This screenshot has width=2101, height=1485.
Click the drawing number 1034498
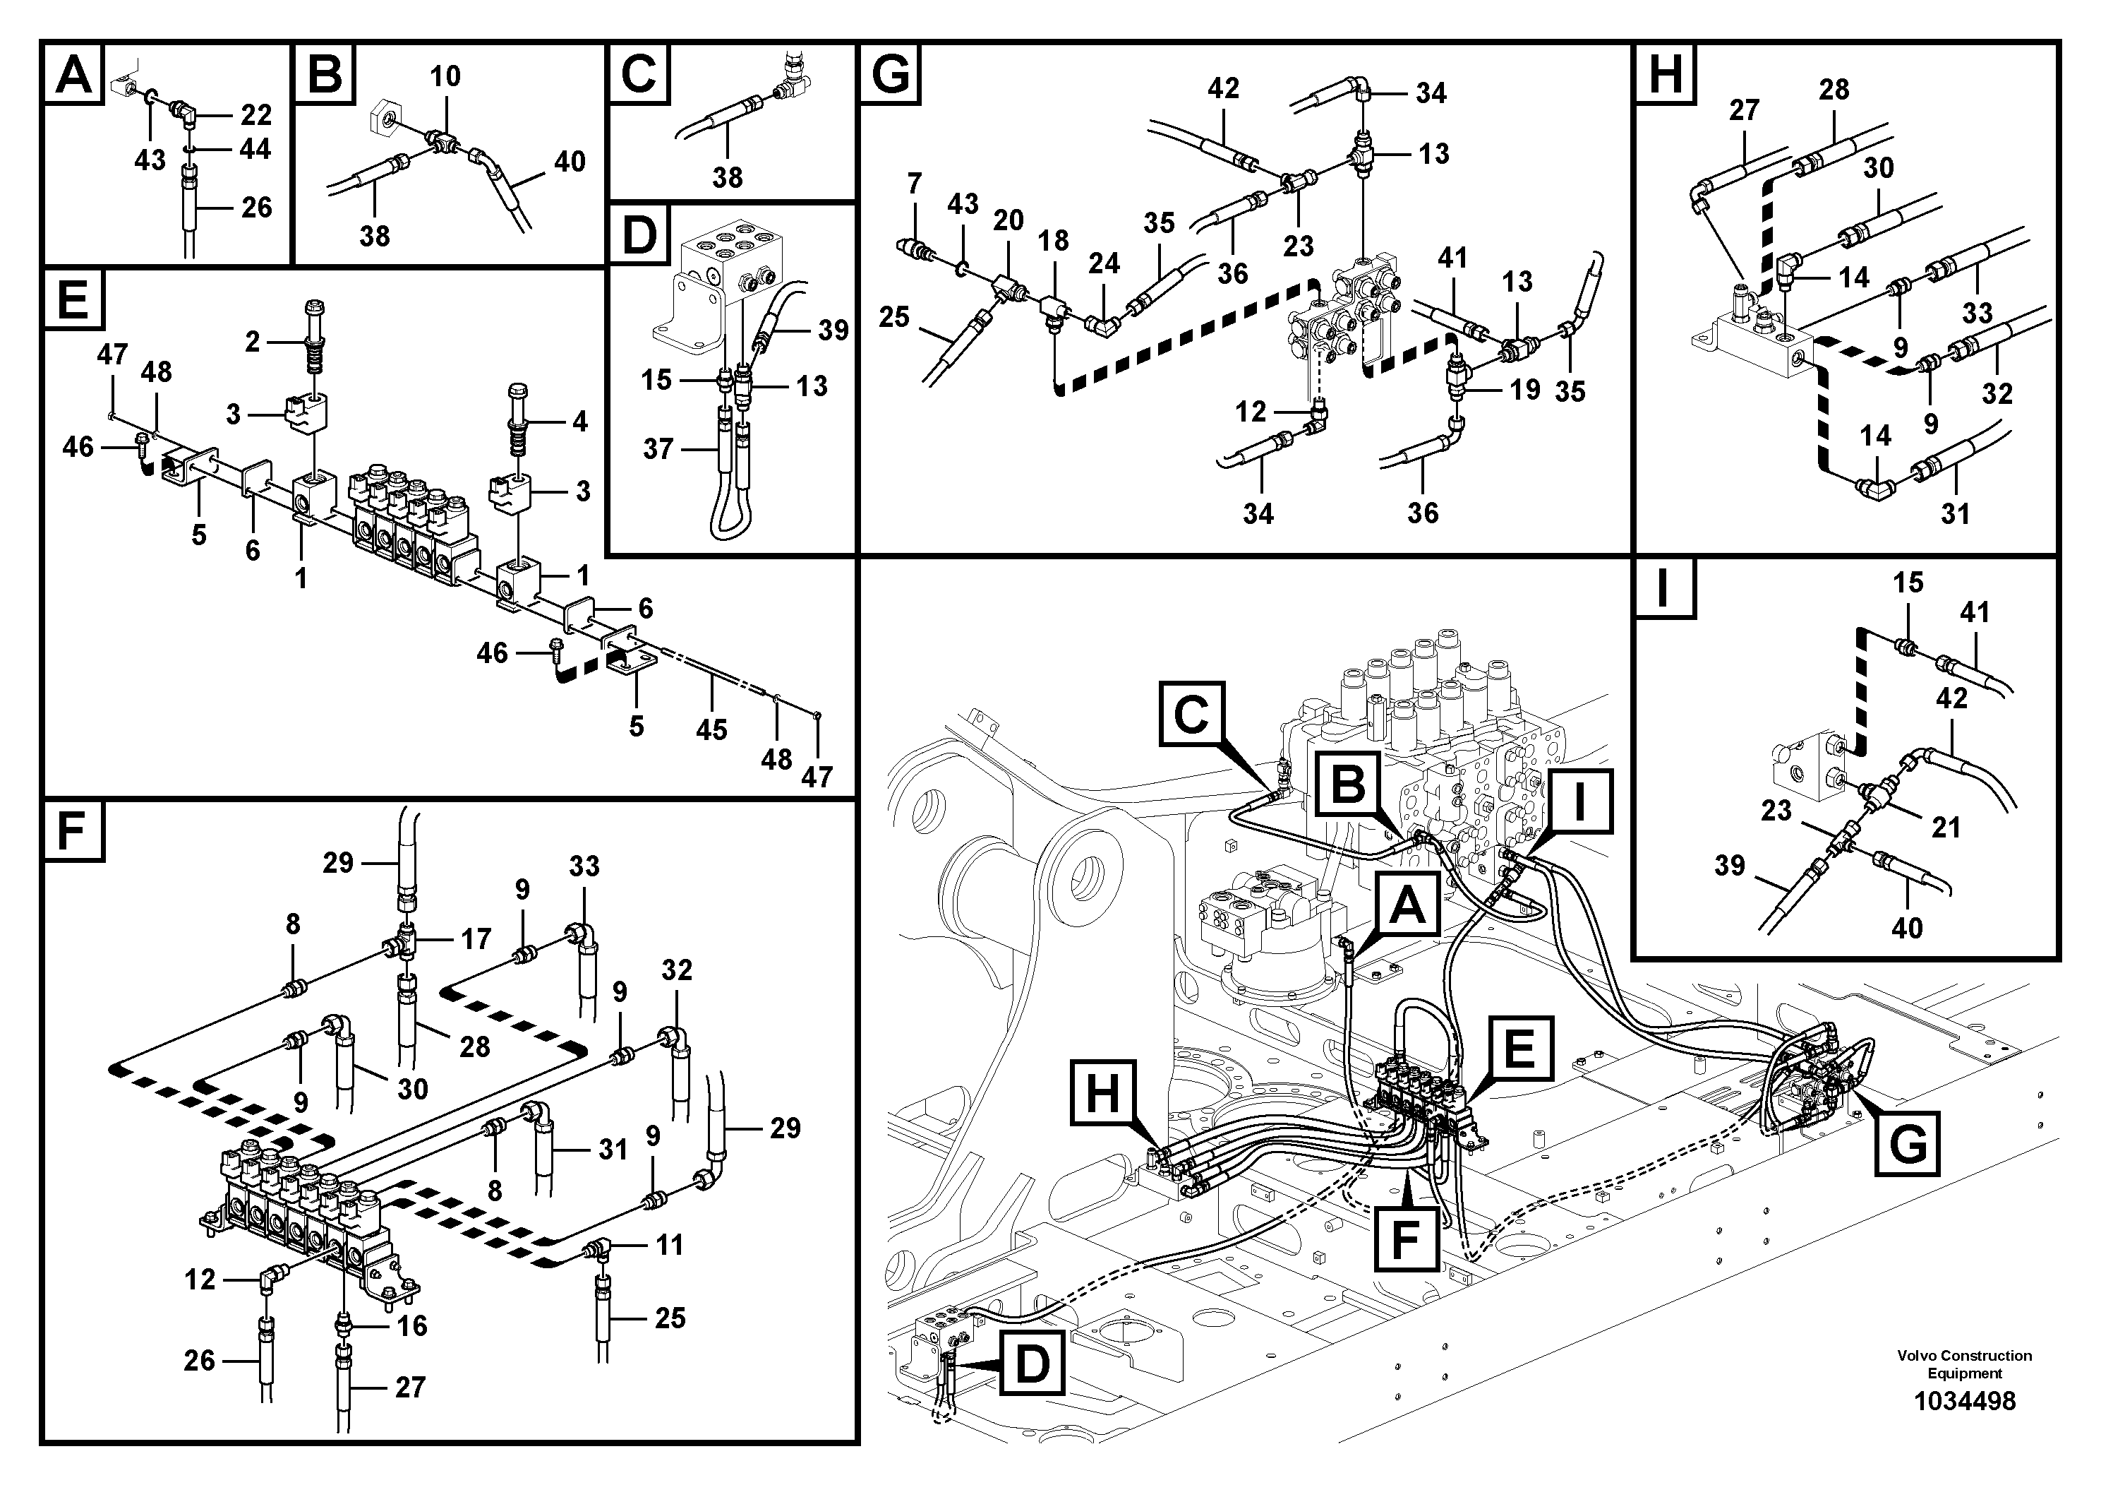coord(1965,1402)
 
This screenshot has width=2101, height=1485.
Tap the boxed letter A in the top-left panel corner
coord(74,75)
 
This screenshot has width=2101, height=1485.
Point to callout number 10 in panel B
coord(445,77)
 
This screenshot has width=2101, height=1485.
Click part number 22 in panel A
coord(255,115)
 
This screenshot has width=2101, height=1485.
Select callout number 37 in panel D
coord(658,450)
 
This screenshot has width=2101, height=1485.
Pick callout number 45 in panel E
coord(711,729)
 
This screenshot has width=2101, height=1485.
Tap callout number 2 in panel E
coord(253,342)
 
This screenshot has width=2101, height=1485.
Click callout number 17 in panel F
coord(476,938)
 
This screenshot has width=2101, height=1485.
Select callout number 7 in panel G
coord(914,184)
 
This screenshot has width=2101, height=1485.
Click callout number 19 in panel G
coord(1524,390)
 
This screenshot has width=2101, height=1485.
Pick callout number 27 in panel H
coord(1744,111)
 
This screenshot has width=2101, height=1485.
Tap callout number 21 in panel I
coord(1946,828)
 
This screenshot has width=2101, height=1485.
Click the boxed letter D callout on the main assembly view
coord(1031,1364)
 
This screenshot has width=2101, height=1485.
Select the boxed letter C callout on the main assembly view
coord(1191,712)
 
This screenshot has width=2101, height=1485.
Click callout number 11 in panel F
coord(669,1244)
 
